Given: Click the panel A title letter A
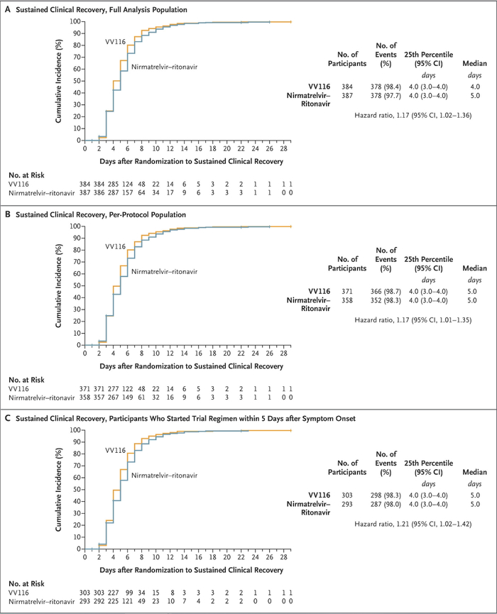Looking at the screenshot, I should (x=6, y=7).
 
